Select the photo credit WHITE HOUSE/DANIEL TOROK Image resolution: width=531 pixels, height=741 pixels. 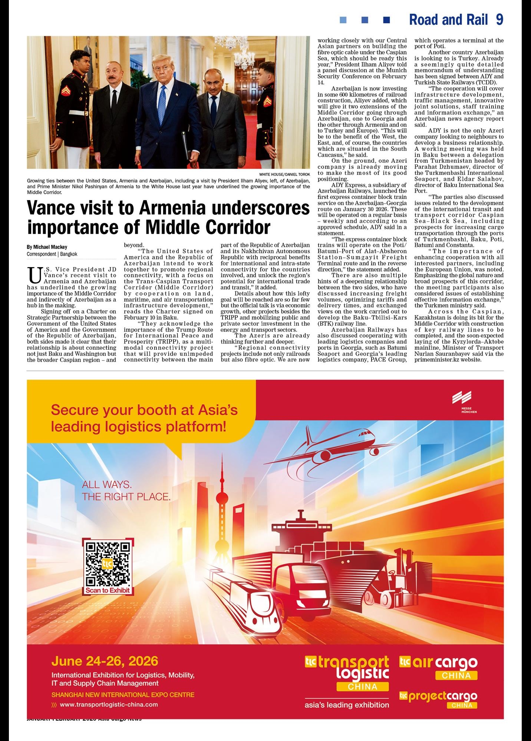[x=284, y=174]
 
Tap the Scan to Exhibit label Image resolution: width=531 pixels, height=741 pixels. [x=108, y=590]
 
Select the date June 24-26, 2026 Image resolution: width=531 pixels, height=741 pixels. [x=105, y=661]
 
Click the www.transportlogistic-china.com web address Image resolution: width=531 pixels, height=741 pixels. [x=109, y=704]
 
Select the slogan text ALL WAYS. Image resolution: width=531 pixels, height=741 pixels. [x=107, y=484]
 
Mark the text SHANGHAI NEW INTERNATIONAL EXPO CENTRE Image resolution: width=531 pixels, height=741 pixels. [x=123, y=695]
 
